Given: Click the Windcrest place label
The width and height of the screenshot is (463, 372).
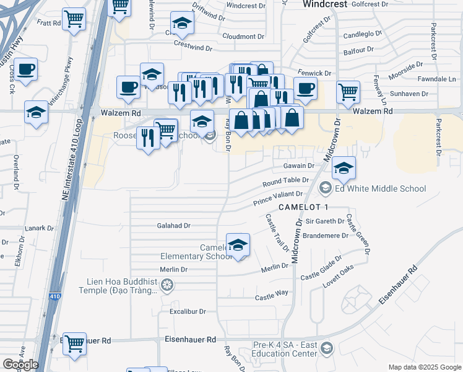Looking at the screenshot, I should (327, 4).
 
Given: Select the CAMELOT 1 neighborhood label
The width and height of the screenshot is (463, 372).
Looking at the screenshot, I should (303, 206).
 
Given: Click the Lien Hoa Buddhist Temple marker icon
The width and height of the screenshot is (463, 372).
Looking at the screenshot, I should (166, 285).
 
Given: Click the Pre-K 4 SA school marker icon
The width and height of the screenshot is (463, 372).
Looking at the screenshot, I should (327, 350).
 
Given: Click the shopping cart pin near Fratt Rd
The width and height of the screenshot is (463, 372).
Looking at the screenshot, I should (74, 20).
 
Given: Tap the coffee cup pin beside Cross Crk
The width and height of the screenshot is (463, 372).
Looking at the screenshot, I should (25, 69).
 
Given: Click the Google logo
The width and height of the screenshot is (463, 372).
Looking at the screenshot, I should (20, 364).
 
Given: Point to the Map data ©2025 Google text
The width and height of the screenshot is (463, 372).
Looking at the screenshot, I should (424, 367).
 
